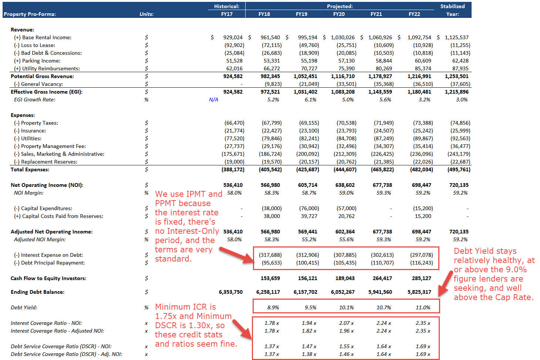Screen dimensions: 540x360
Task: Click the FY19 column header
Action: tap(301, 14)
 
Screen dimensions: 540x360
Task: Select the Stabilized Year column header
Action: tap(452, 10)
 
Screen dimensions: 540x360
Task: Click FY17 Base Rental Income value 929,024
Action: tap(233, 37)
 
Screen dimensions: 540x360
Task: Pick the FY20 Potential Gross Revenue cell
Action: tap(342, 76)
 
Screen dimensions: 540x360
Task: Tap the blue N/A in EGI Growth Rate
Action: tap(213, 100)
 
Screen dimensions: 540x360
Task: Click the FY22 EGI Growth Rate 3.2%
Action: tap(424, 100)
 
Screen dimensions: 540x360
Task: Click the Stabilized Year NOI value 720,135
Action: tap(459, 185)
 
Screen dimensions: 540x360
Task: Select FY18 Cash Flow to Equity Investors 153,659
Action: tap(270, 278)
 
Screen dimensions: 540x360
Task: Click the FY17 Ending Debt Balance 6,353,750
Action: tap(231, 292)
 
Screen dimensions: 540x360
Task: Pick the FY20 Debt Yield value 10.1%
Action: tap(347, 307)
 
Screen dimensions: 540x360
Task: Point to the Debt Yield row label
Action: tap(24, 307)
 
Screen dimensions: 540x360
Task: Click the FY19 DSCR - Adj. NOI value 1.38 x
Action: tap(309, 354)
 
